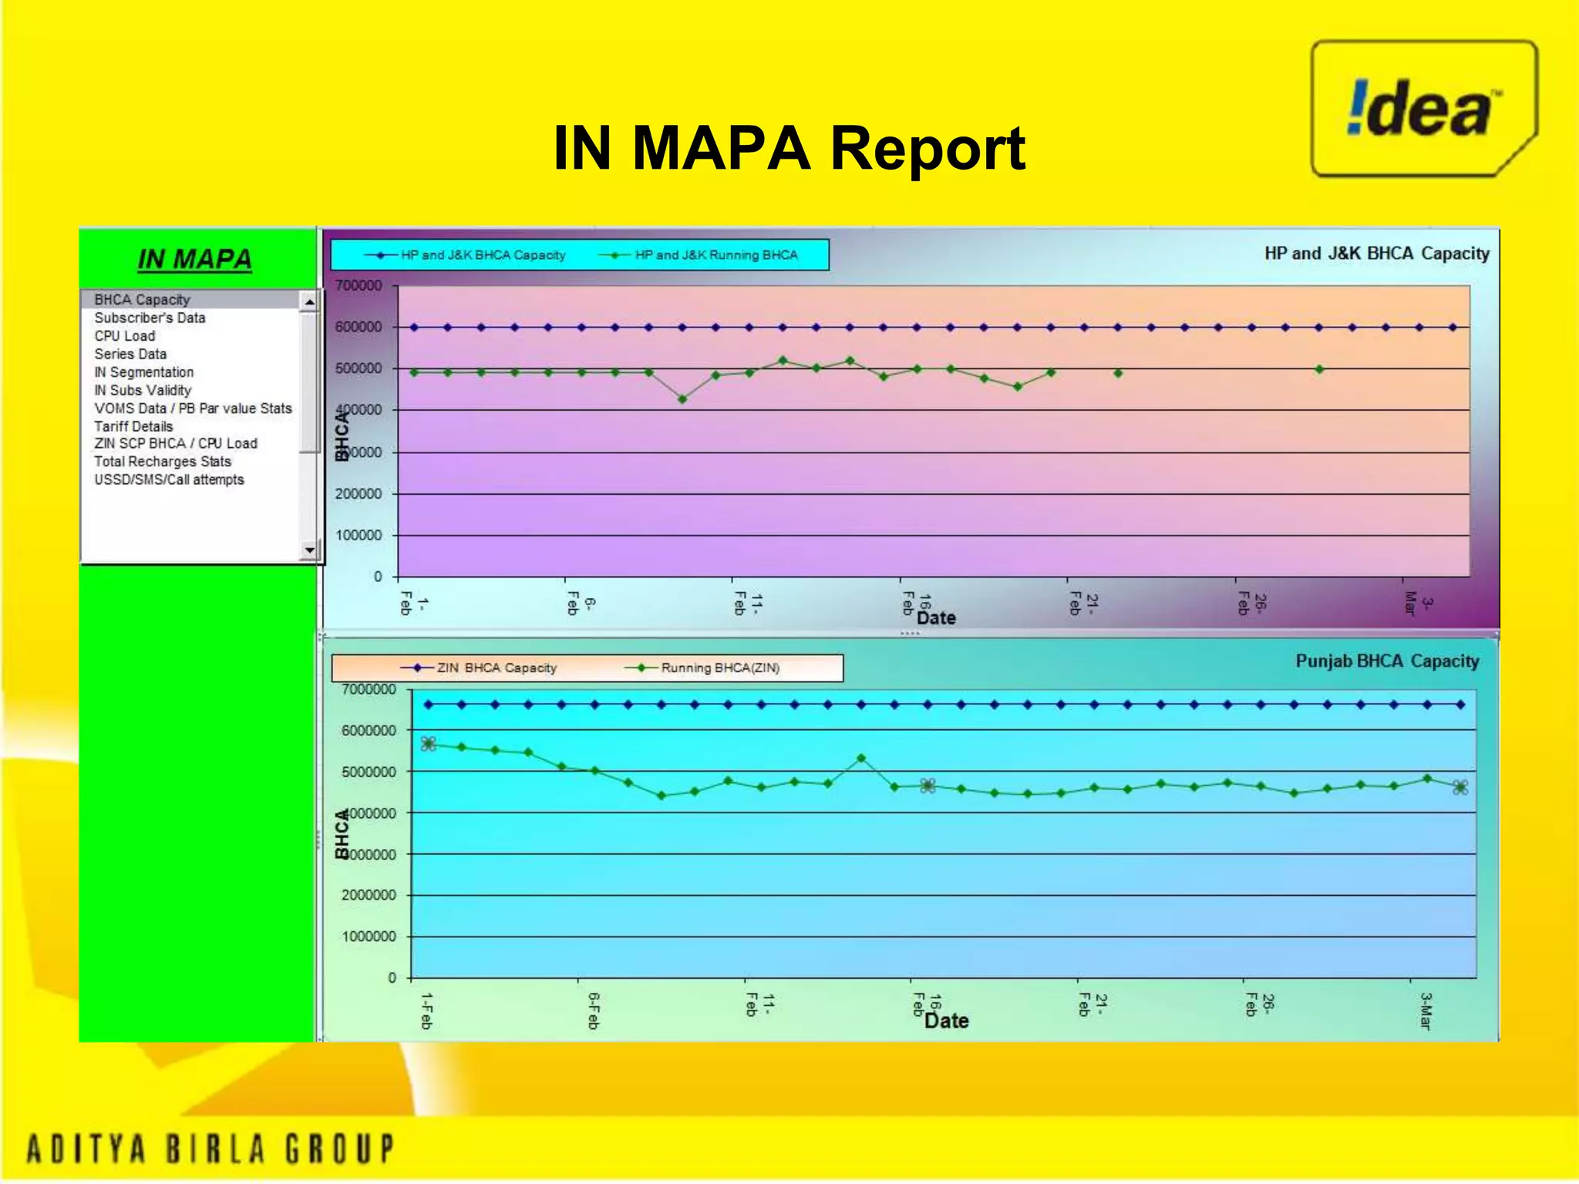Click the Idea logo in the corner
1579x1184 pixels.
1423,109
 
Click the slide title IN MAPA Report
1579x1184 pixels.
789,148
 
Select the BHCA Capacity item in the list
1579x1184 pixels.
142,300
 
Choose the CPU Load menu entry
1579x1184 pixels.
125,336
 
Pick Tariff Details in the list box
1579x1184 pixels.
133,426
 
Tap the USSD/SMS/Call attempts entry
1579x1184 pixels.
169,479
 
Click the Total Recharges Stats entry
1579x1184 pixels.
163,462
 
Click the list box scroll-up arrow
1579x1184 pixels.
309,301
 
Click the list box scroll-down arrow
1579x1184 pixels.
309,550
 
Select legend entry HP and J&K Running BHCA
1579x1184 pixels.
715,255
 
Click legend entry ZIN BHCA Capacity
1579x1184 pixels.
496,668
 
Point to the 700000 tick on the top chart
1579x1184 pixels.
359,286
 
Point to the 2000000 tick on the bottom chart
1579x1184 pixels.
369,895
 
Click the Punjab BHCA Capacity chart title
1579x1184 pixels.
1386,661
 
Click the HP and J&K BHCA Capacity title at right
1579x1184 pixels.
1376,254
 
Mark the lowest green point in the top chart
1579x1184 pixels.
682,399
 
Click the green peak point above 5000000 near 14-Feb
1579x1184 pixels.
861,758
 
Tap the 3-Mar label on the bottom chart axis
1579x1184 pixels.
1425,1011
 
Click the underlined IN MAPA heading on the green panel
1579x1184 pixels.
194,260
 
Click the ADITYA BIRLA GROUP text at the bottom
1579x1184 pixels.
210,1149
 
